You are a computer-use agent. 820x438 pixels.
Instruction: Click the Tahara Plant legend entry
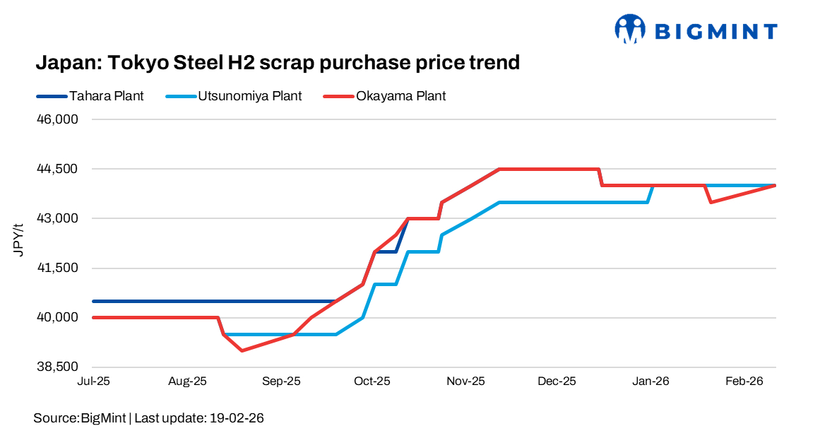(106, 96)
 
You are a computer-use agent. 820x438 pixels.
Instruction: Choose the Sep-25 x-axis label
(281, 381)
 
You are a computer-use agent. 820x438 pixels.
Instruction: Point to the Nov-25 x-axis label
(465, 381)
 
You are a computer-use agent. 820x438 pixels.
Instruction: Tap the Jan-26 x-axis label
(650, 381)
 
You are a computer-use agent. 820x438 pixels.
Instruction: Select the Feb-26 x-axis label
(745, 381)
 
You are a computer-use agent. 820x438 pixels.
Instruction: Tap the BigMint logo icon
(631, 30)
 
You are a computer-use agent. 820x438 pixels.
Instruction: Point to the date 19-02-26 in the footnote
(237, 418)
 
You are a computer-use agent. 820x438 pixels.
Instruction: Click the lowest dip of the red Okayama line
(242, 350)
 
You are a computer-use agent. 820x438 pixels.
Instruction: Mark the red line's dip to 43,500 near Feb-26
(711, 202)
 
